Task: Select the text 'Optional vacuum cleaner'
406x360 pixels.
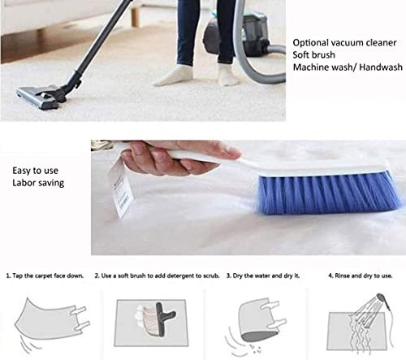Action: click(344, 43)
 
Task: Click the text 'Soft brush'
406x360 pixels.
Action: click(314, 55)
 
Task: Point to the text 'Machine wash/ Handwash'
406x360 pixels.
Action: click(348, 67)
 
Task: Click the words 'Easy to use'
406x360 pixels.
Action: click(35, 171)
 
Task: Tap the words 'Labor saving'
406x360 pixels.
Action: click(38, 183)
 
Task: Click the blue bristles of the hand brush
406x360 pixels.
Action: click(329, 193)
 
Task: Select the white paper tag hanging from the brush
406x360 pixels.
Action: click(120, 189)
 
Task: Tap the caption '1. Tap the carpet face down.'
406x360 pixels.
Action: click(45, 275)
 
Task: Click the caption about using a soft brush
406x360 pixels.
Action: click(157, 275)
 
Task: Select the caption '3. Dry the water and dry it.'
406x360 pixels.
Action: click(263, 275)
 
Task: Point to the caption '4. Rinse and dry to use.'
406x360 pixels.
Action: click(361, 275)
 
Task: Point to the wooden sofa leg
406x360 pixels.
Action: click(135, 16)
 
